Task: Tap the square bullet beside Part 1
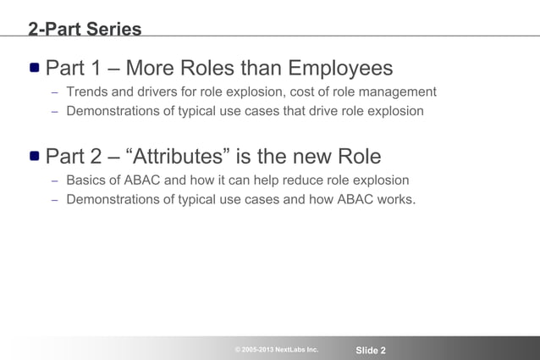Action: point(34,68)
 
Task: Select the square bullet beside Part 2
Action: point(34,157)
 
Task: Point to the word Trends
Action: point(88,91)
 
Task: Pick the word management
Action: point(394,91)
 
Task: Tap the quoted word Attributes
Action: point(185,157)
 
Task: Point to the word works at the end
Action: point(394,200)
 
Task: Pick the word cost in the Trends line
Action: point(295,91)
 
